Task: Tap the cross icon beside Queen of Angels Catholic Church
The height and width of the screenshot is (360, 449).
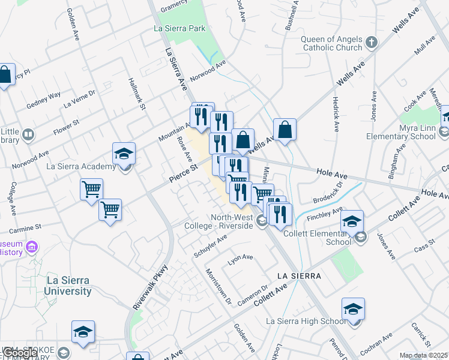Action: click(372, 42)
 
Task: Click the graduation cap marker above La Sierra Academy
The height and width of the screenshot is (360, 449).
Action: click(124, 154)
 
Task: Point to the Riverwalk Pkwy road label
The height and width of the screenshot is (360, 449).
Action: click(149, 287)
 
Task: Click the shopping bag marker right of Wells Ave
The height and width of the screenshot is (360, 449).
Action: click(285, 130)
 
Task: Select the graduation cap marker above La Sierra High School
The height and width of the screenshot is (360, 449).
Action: click(353, 309)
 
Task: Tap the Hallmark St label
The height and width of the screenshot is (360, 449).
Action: click(137, 94)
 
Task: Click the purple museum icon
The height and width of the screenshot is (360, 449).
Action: click(32, 247)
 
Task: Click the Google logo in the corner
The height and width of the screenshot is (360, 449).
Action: click(21, 353)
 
